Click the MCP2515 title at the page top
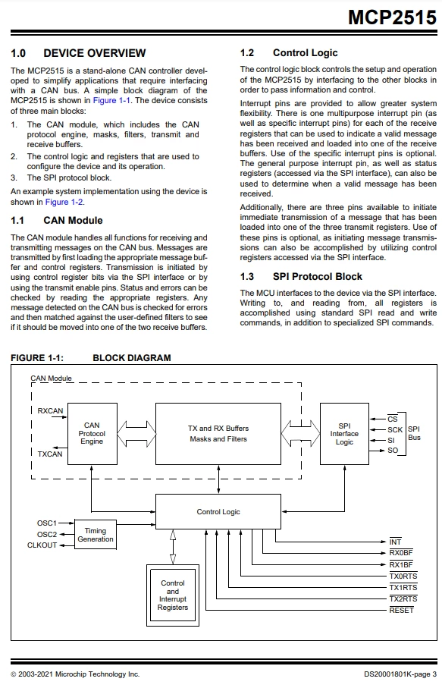[x=392, y=17]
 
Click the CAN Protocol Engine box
[x=92, y=434]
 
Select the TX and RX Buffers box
[x=218, y=434]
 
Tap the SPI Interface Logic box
[x=344, y=434]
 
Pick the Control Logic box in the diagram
[x=218, y=511]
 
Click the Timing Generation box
[x=96, y=535]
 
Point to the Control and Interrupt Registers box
[x=173, y=595]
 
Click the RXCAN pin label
[x=50, y=410]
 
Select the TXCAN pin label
[x=50, y=454]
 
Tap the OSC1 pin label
[x=47, y=523]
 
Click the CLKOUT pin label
[x=42, y=545]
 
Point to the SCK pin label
[x=395, y=429]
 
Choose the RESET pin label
[x=401, y=610]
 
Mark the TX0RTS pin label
[x=403, y=576]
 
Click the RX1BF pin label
[x=401, y=564]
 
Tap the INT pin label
[x=395, y=542]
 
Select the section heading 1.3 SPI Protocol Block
[x=301, y=276]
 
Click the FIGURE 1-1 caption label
[x=37, y=357]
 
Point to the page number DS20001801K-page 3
[x=400, y=674]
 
